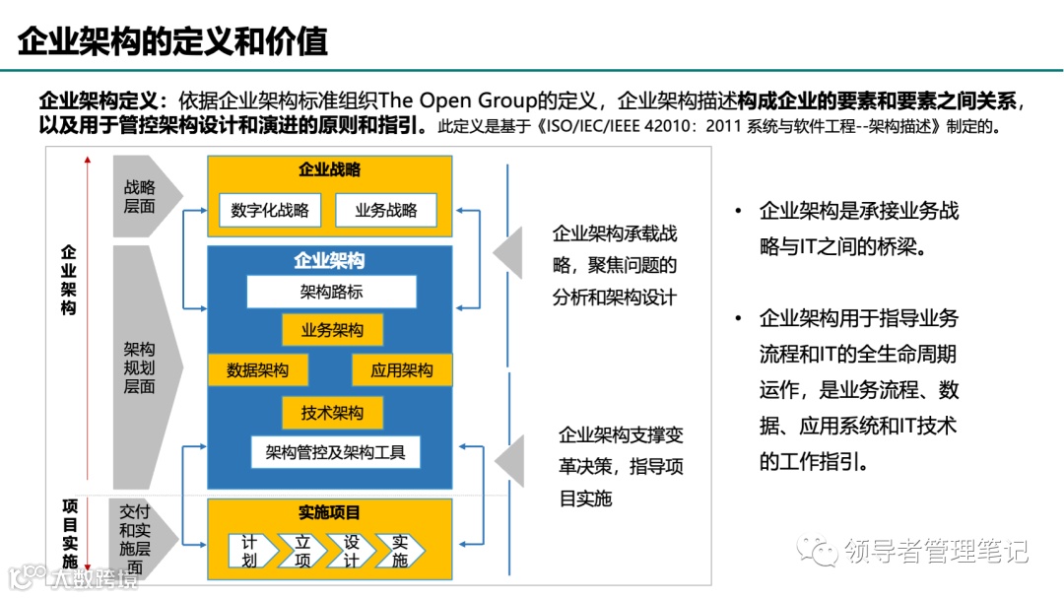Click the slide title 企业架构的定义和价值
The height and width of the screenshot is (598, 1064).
coord(173,42)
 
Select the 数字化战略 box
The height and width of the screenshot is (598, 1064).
coord(269,210)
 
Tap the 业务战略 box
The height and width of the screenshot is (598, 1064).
coord(385,210)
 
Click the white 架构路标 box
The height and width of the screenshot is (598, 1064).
coord(331,293)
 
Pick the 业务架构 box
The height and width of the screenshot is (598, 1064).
coord(331,330)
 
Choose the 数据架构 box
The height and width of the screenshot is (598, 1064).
coord(257,370)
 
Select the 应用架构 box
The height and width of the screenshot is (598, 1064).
coord(401,370)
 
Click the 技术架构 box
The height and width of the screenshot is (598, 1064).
coord(331,413)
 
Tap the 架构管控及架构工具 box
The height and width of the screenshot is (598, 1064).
coord(335,453)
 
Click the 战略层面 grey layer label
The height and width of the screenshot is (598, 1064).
coord(142,196)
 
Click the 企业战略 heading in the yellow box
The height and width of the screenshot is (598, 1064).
coord(329,169)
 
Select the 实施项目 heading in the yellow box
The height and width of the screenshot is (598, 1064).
coord(329,512)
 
